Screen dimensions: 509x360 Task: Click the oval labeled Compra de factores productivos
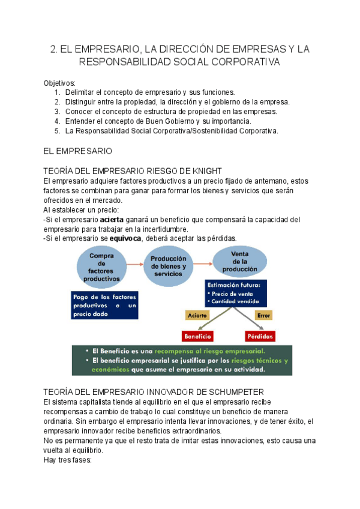coord(101,266)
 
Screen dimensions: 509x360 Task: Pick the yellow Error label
coord(263,315)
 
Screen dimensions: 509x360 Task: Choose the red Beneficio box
coord(197,336)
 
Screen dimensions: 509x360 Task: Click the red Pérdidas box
coord(260,336)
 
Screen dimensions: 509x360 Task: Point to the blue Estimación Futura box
coord(236,293)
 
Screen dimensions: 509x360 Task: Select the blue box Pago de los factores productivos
coord(104,305)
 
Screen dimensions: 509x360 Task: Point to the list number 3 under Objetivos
coord(57,112)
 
